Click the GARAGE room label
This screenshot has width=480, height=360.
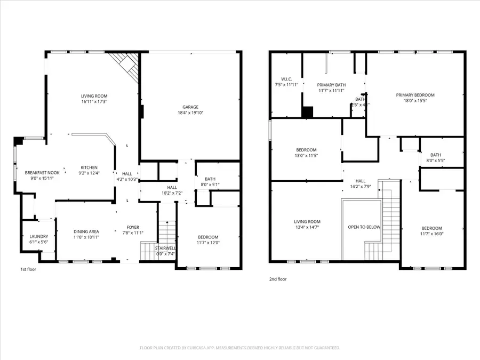pyautogui.click(x=191, y=107)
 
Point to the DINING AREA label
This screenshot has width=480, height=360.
pyautogui.click(x=86, y=231)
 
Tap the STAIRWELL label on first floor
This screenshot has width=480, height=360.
pyautogui.click(x=165, y=249)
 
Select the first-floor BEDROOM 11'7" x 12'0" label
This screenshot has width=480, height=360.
pyautogui.click(x=207, y=237)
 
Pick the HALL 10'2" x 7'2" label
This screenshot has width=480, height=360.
pyautogui.click(x=172, y=188)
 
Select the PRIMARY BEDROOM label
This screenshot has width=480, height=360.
pyautogui.click(x=415, y=95)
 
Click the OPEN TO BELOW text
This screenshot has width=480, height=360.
pyautogui.click(x=364, y=227)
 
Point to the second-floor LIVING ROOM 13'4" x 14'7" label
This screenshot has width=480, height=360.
pyautogui.click(x=307, y=222)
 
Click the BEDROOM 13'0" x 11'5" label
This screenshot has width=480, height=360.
pyautogui.click(x=306, y=150)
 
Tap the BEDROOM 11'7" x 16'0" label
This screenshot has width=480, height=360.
pyautogui.click(x=431, y=228)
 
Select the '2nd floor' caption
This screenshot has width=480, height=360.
pyautogui.click(x=278, y=279)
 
